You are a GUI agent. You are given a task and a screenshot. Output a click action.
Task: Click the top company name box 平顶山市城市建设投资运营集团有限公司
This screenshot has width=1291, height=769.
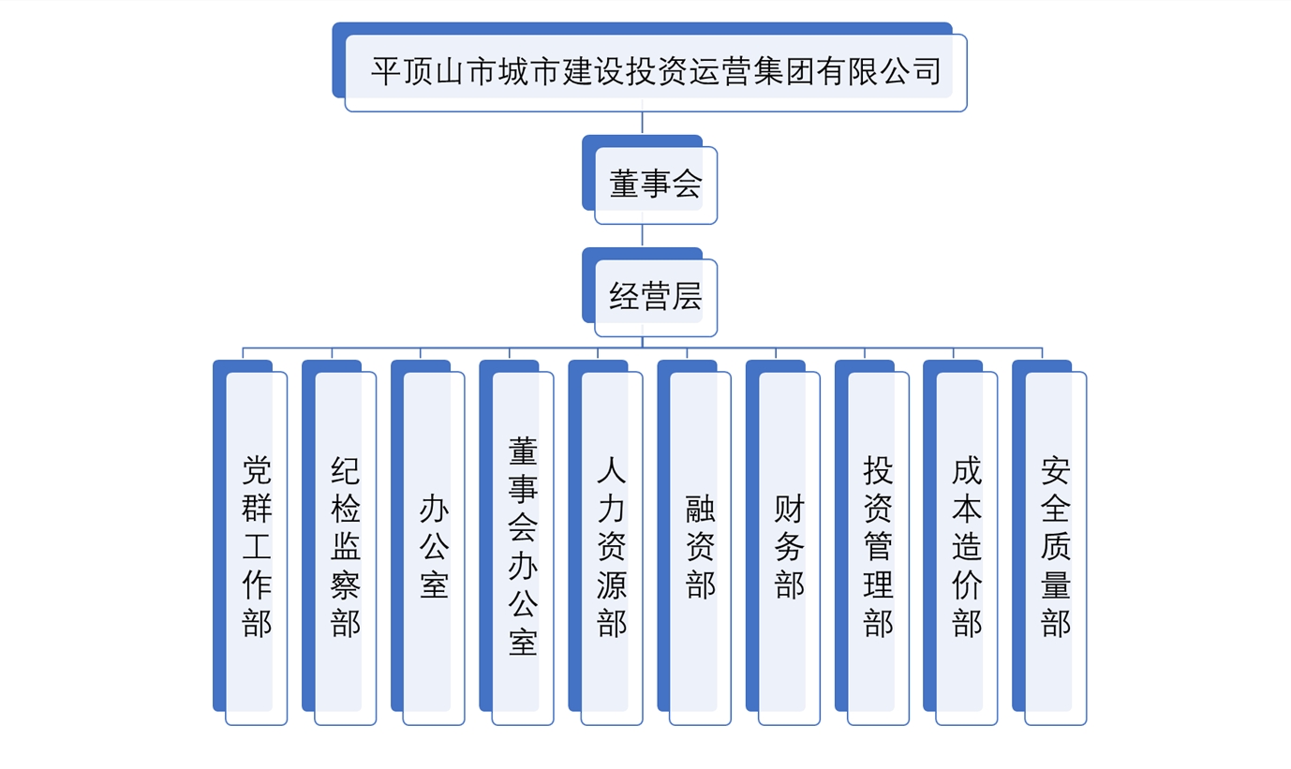click(x=655, y=72)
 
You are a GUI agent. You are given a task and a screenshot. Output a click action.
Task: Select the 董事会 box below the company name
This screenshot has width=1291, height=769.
click(x=655, y=185)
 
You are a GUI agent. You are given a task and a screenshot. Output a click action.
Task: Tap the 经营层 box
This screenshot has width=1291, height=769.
click(x=655, y=297)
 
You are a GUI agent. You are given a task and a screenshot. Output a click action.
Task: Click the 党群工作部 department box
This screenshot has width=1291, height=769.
click(x=256, y=547)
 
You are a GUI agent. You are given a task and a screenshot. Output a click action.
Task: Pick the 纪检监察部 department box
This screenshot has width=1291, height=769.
click(x=345, y=547)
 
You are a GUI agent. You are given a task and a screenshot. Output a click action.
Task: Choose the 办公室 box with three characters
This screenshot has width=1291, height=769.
click(x=434, y=547)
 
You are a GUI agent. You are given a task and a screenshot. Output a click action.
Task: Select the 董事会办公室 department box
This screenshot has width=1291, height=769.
click(x=523, y=547)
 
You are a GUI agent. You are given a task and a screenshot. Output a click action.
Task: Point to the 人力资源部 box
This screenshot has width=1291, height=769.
click(x=611, y=547)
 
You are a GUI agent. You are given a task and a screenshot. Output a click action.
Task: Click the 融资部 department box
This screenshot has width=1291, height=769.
click(x=700, y=547)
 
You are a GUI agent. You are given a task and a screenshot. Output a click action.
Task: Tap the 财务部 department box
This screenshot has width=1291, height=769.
click(x=789, y=547)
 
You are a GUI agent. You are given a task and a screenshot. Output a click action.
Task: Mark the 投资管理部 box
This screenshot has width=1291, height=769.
click(x=878, y=547)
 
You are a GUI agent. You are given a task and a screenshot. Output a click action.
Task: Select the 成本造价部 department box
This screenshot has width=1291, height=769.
click(x=966, y=547)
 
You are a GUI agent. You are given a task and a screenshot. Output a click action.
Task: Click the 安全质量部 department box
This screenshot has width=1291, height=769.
click(x=1055, y=547)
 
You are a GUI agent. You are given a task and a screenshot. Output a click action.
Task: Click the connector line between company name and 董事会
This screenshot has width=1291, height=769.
click(x=642, y=124)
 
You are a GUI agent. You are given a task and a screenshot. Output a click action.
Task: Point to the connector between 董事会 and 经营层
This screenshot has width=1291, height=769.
click(x=642, y=236)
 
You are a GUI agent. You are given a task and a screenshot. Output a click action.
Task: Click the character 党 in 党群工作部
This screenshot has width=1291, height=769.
click(x=257, y=468)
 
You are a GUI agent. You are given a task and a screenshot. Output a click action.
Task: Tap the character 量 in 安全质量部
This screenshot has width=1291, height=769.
click(x=1056, y=585)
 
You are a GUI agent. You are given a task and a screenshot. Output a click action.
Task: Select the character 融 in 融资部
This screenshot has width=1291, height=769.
click(x=701, y=509)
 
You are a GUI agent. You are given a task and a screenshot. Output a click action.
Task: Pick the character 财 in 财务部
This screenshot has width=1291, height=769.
click(x=790, y=509)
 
